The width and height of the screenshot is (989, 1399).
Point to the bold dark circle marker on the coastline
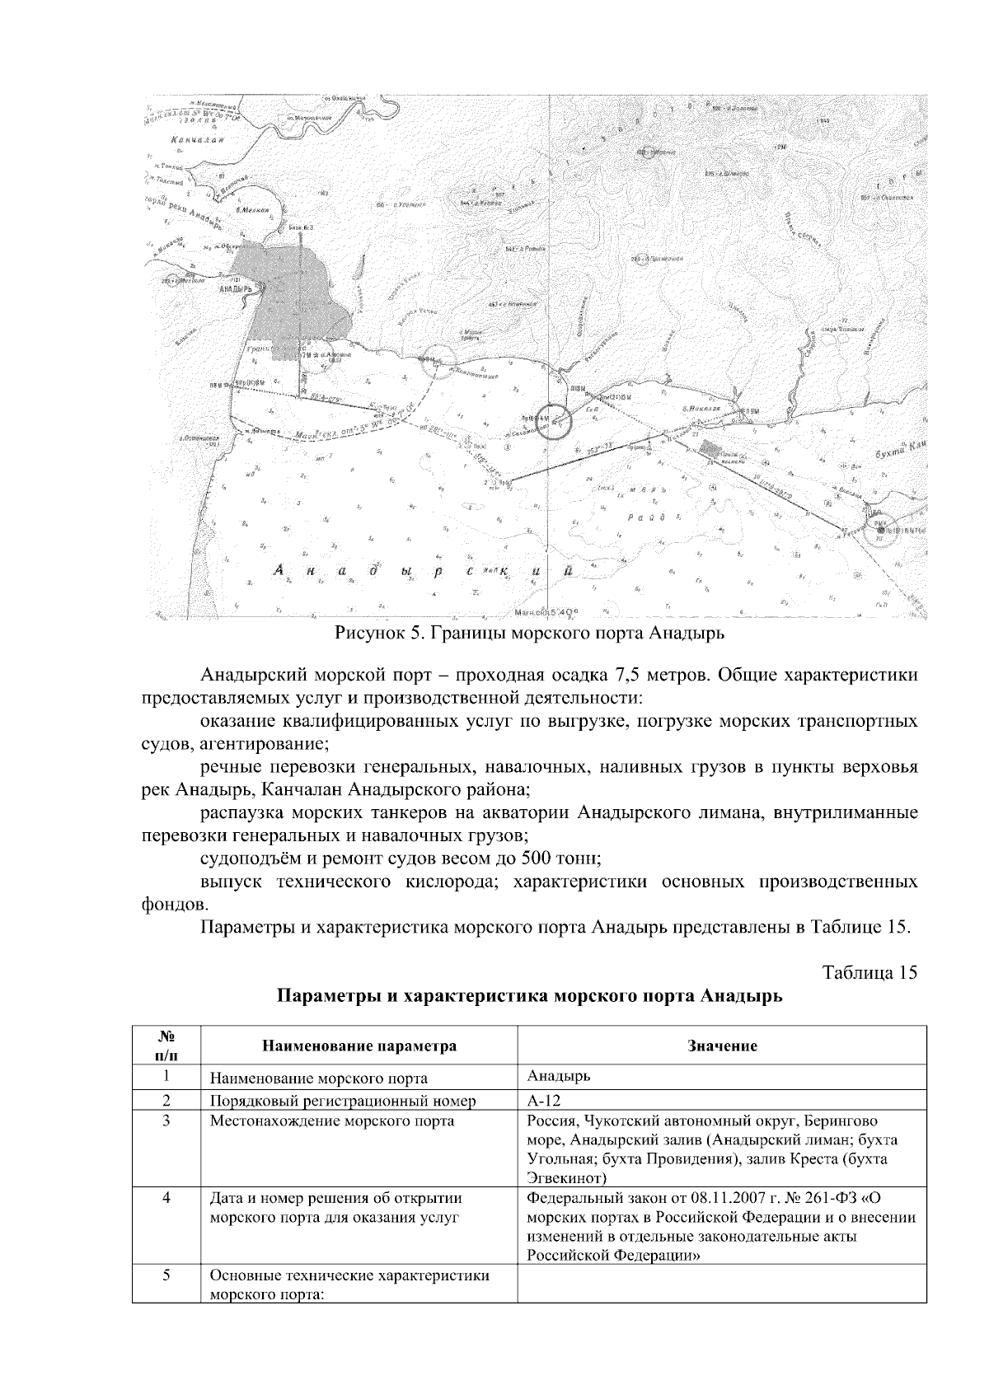(x=551, y=421)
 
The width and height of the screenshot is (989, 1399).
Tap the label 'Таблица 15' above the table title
(x=869, y=972)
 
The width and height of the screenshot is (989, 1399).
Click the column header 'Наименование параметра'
(x=359, y=1046)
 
